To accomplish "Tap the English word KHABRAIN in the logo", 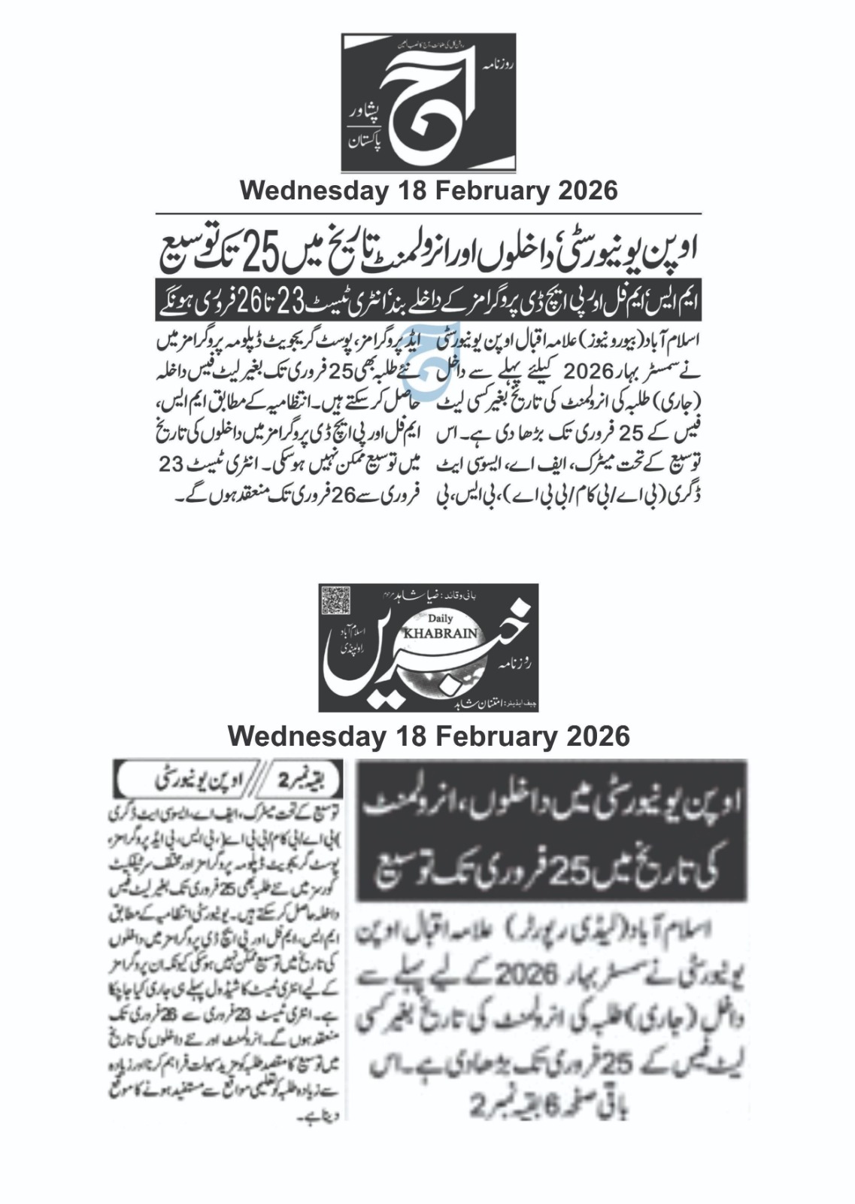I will [441, 633].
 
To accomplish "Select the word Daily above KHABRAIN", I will [440, 619].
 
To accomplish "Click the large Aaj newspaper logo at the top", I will [429, 102].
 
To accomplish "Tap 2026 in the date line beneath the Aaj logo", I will [587, 190].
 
